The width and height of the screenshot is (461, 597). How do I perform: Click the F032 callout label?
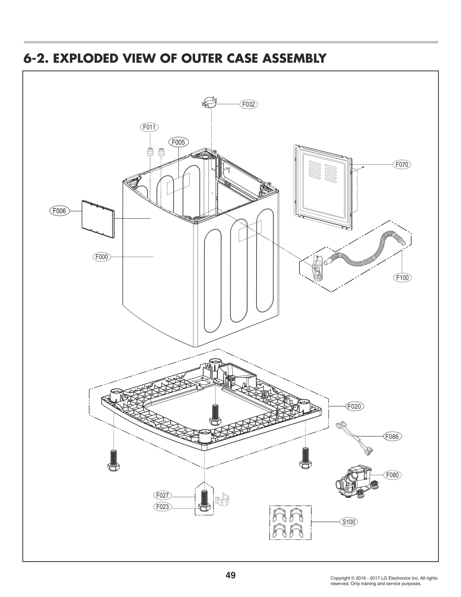(248, 104)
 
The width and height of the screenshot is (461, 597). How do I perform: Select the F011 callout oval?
(149, 127)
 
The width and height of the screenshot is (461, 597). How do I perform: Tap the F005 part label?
(178, 142)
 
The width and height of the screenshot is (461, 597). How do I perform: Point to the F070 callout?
(402, 165)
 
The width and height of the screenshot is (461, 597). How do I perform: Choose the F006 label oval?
(59, 211)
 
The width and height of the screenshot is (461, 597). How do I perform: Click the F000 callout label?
(102, 257)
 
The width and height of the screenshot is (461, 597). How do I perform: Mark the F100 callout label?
(402, 278)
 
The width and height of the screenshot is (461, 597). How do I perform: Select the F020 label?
(354, 406)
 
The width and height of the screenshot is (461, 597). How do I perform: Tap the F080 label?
(392, 475)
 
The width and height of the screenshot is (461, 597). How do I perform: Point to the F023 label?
(163, 507)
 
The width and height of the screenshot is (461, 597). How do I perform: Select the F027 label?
(163, 496)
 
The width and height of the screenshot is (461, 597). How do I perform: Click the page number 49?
(231, 567)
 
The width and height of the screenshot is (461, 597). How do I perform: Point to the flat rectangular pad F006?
(98, 219)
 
